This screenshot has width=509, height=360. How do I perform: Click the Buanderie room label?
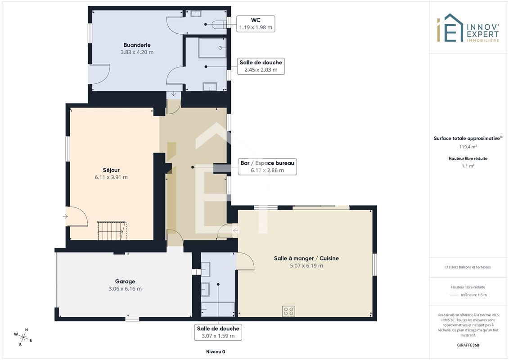click(x=137, y=45)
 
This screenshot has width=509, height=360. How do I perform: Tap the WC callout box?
click(x=256, y=24)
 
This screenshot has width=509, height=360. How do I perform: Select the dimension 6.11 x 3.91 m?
click(x=111, y=177)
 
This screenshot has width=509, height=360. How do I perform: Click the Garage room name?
click(x=125, y=281)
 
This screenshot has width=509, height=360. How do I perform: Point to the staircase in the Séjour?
click(x=112, y=231)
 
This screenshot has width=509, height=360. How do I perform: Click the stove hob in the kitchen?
click(x=288, y=311)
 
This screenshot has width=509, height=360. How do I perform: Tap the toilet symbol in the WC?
click(x=219, y=25)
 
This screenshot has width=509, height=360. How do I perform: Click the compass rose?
click(x=23, y=337)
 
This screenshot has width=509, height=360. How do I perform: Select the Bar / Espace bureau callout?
click(x=267, y=166)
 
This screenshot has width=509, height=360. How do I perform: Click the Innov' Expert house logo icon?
click(x=450, y=28)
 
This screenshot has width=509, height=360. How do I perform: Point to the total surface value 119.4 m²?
click(x=468, y=147)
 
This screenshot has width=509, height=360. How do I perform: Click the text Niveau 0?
click(x=216, y=351)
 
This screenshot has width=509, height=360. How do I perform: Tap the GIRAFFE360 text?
click(x=468, y=345)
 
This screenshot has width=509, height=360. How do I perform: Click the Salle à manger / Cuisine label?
click(x=306, y=258)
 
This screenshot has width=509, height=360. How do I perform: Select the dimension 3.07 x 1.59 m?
click(x=218, y=336)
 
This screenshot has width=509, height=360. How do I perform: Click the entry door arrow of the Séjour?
click(x=65, y=216)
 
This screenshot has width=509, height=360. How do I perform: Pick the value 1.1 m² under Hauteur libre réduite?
click(x=468, y=166)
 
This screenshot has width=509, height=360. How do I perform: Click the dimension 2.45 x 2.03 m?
click(x=261, y=70)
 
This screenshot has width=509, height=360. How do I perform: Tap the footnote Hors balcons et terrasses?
click(x=468, y=267)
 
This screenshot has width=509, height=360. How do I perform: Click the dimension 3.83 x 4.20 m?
click(x=137, y=52)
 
